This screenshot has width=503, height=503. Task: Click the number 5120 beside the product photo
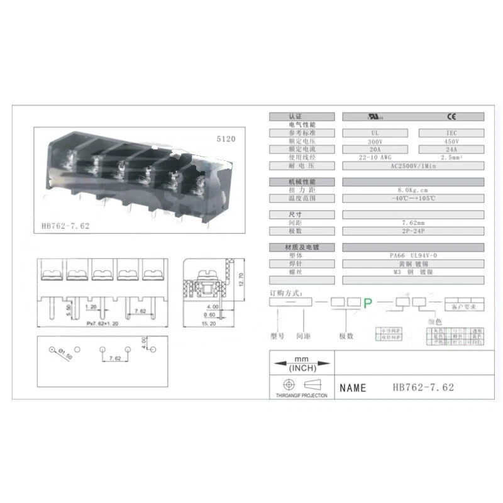(x=225, y=138)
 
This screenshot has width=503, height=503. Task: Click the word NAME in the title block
(x=353, y=388)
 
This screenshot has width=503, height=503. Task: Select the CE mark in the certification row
(x=451, y=116)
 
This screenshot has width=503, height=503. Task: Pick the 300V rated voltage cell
(x=375, y=141)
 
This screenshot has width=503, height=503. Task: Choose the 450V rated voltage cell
(x=451, y=141)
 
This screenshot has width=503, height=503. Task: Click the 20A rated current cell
(x=375, y=150)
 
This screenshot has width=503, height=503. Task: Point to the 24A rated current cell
(x=451, y=150)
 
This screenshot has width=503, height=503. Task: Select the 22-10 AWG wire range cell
(x=375, y=158)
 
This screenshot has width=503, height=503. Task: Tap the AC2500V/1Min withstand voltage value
(x=412, y=166)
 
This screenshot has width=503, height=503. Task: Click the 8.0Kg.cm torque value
(x=412, y=190)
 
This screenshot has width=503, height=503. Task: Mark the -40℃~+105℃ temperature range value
(x=412, y=198)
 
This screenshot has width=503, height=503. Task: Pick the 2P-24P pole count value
(x=412, y=231)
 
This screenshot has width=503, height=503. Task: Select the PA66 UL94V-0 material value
(x=412, y=255)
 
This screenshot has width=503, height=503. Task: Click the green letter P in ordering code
(x=368, y=303)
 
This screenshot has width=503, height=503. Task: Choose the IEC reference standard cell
(x=451, y=133)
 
